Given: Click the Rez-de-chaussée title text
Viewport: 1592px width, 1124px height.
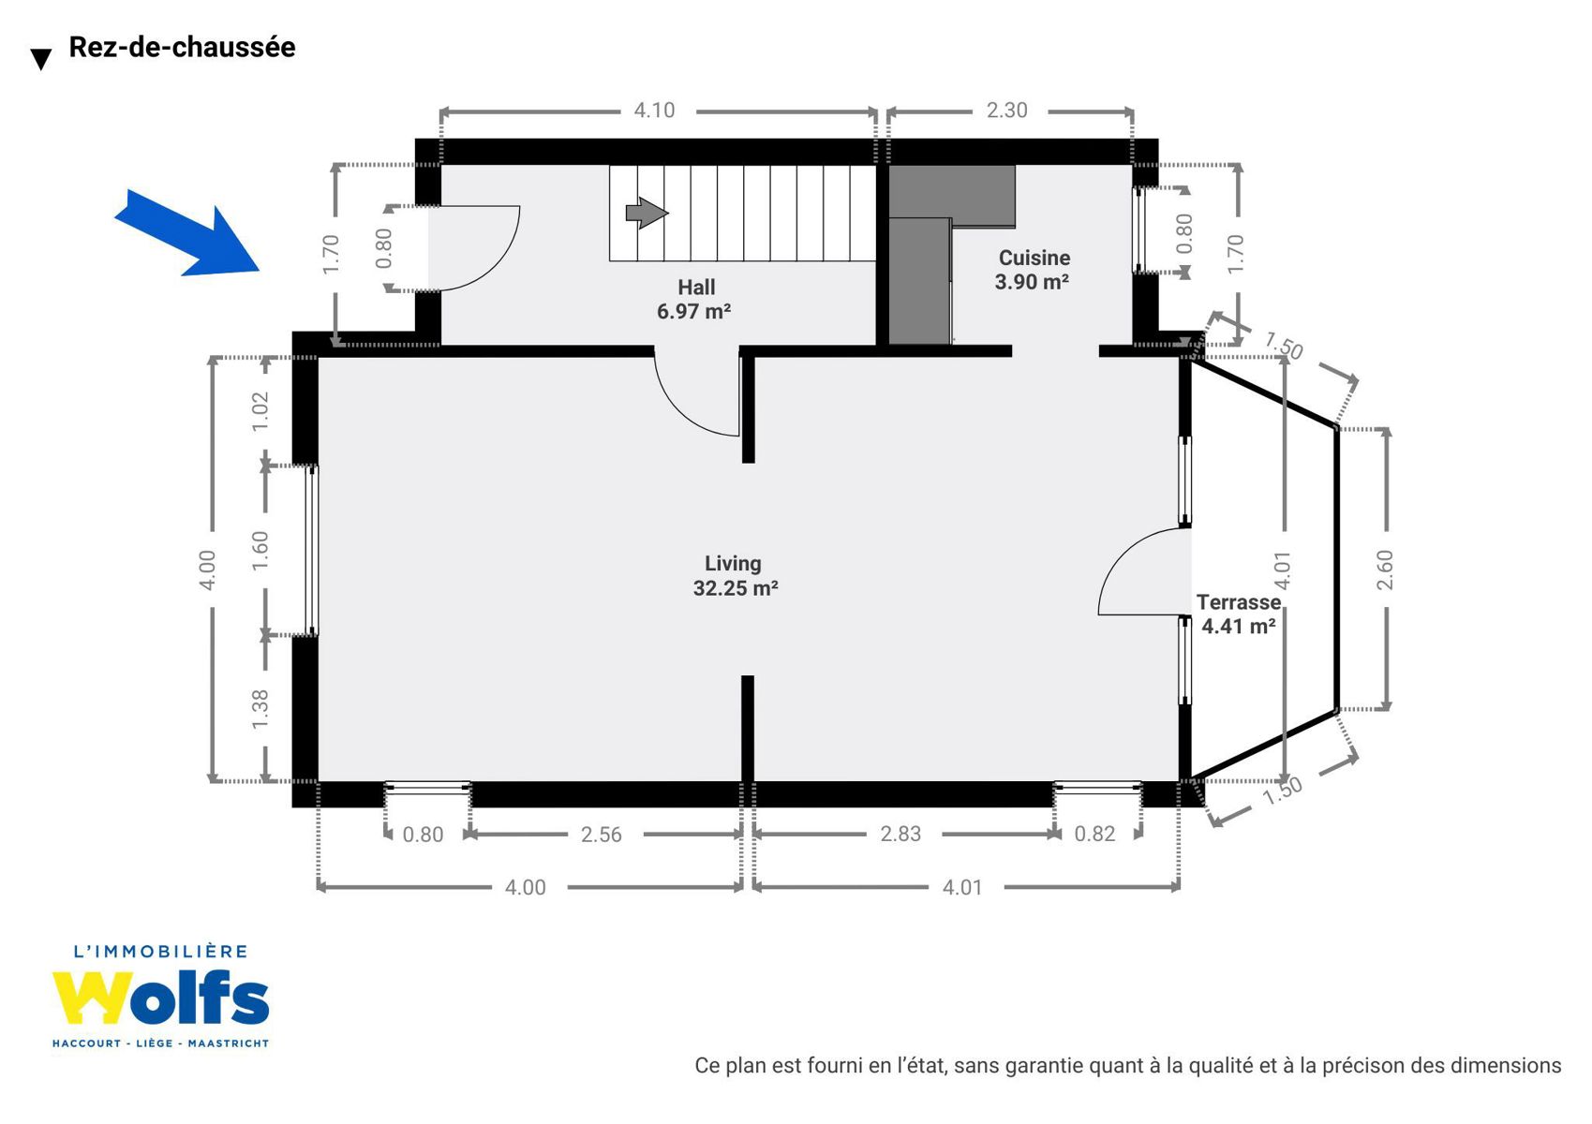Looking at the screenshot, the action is click(x=182, y=47).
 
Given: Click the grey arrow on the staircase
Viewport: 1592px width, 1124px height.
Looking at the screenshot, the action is click(x=647, y=213).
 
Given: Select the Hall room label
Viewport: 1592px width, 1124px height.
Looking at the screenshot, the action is click(x=696, y=287).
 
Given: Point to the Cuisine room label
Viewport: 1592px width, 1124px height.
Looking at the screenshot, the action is click(x=1034, y=258).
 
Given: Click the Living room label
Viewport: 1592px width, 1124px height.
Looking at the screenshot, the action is click(x=733, y=564).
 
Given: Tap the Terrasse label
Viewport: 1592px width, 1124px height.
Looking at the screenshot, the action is click(x=1238, y=602).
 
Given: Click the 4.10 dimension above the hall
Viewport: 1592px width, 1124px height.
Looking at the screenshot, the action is click(x=654, y=111).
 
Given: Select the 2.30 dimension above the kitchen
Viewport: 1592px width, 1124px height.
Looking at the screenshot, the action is click(x=1006, y=111).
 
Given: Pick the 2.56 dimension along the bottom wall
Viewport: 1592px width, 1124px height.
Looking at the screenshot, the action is click(x=601, y=835).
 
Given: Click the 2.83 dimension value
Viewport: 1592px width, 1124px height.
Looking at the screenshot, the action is click(x=900, y=834).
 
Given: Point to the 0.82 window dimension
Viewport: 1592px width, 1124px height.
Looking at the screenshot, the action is click(x=1094, y=834).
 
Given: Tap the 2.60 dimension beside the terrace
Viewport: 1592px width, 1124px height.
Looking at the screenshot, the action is click(x=1385, y=569).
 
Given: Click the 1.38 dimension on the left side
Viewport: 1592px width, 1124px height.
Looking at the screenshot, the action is click(x=260, y=709).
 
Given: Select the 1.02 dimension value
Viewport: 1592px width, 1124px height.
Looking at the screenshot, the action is click(x=260, y=410).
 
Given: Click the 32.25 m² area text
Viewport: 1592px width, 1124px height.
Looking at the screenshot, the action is click(x=736, y=588).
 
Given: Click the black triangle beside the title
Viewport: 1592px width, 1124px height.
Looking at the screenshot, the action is click(x=41, y=60).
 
